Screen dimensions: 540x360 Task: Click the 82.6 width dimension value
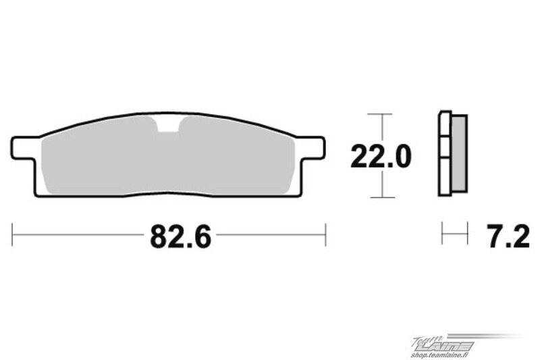(x=180, y=236)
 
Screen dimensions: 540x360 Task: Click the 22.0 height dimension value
(x=381, y=157)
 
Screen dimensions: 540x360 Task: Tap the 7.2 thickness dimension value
(x=509, y=236)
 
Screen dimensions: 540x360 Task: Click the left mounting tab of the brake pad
(x=24, y=148)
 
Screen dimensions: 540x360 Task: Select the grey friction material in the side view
(x=459, y=153)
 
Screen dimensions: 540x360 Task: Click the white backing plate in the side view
(x=445, y=153)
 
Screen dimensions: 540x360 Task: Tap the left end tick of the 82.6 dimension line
(x=12, y=235)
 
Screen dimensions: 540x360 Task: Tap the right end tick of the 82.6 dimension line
(x=325, y=235)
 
